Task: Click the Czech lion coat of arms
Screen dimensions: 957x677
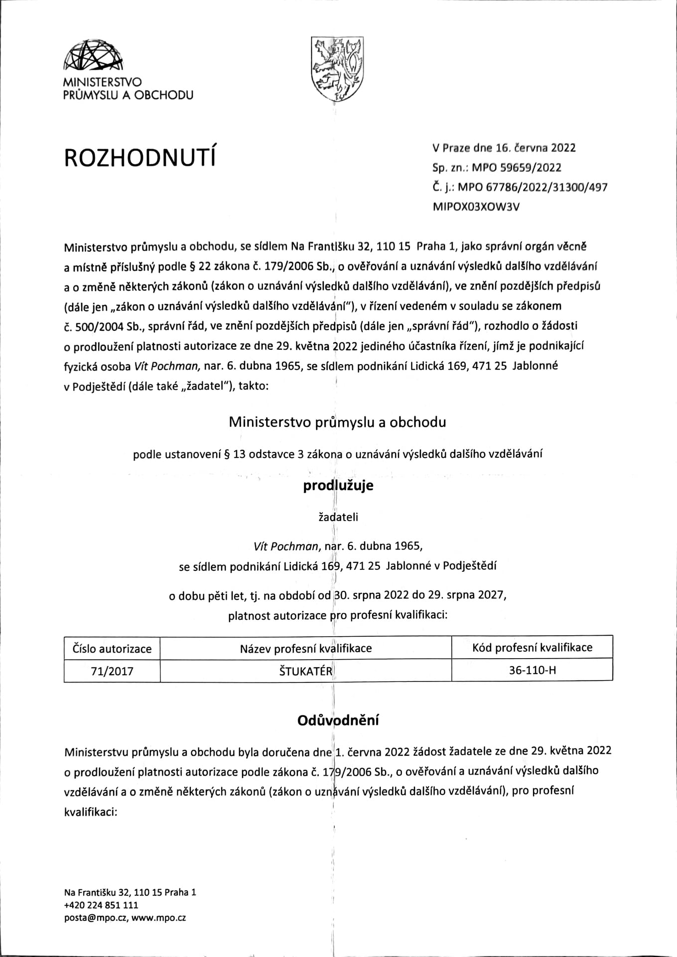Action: click(x=337, y=69)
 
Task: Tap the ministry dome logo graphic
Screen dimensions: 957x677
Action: click(x=93, y=56)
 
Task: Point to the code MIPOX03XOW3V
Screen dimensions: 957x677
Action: click(x=476, y=207)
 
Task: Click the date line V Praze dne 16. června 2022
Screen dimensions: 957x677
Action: click(x=504, y=147)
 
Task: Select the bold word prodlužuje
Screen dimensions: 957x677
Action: click(x=338, y=486)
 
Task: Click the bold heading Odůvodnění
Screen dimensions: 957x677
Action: click(x=338, y=720)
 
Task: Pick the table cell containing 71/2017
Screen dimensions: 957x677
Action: click(x=112, y=671)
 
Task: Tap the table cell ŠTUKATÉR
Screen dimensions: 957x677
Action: click(x=305, y=671)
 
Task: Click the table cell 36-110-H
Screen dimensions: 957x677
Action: click(x=532, y=670)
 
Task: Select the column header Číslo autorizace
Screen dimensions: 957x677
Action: click(x=112, y=649)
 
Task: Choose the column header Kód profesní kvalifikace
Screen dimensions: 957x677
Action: click(x=532, y=647)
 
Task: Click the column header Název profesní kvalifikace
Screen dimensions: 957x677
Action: click(x=305, y=648)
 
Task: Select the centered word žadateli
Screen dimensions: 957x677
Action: click(x=338, y=517)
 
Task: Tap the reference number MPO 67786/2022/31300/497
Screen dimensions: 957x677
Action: click(x=532, y=187)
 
